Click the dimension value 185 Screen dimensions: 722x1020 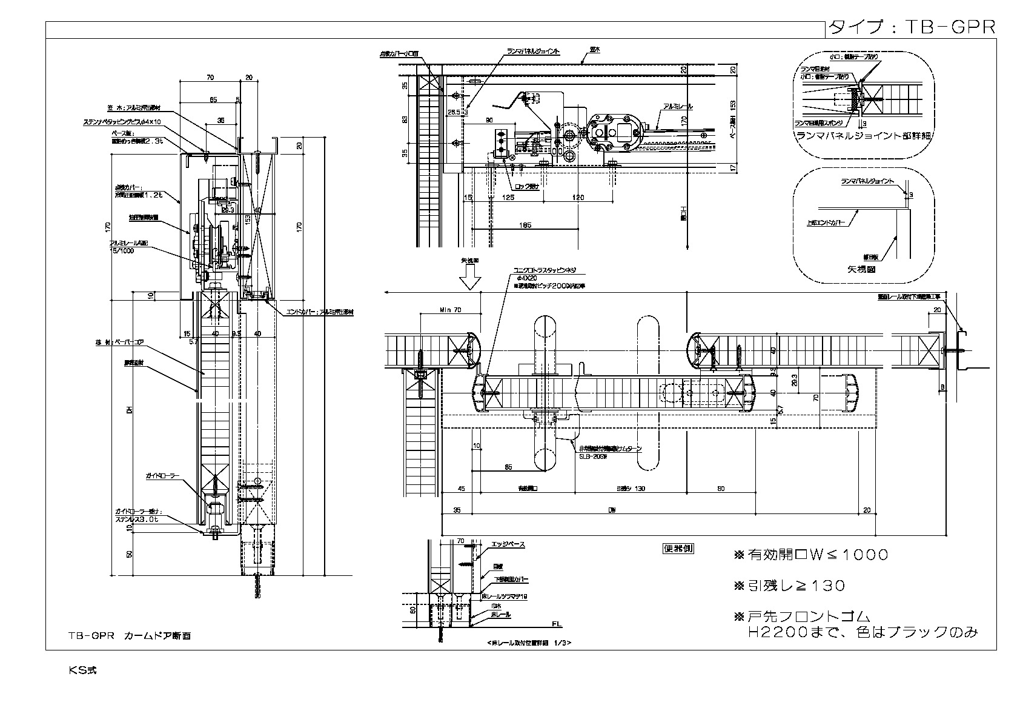(525, 226)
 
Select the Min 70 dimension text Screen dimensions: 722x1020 (449, 310)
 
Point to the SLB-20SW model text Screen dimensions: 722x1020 (592, 456)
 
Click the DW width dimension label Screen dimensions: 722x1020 (612, 510)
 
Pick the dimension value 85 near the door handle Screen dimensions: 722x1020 (508, 467)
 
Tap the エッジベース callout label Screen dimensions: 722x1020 (508, 545)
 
